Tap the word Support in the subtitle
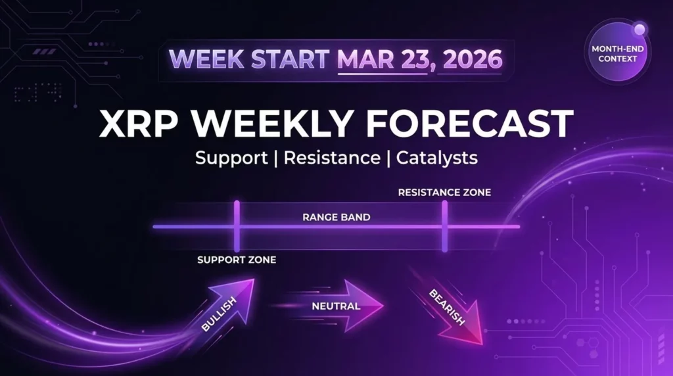pos(229,158)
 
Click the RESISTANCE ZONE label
pos(444,193)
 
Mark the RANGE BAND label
pos(336,216)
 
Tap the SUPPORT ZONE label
pos(237,260)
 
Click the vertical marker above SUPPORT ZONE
pos(237,226)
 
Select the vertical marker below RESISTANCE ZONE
pos(445,226)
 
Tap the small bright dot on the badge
pos(639,28)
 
